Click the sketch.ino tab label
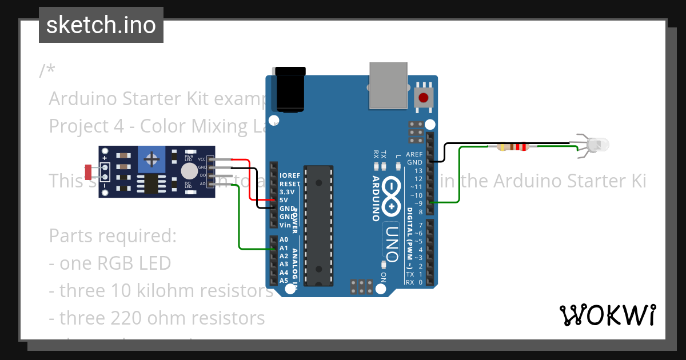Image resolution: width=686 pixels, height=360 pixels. [x=101, y=25]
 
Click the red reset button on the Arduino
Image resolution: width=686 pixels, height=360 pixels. [x=423, y=98]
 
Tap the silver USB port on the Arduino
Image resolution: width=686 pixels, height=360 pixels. [x=389, y=86]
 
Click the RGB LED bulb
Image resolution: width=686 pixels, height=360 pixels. [x=598, y=145]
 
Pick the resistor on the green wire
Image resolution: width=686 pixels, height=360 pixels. [x=513, y=147]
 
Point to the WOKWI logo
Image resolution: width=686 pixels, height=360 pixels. [x=608, y=315]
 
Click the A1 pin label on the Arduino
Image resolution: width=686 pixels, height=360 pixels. [x=284, y=248]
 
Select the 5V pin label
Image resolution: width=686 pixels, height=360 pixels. [x=284, y=200]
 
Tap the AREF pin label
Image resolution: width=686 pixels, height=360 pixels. [x=414, y=154]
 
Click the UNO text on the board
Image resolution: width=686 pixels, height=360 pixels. [x=390, y=243]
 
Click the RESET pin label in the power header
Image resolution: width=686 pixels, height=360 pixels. [x=290, y=184]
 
